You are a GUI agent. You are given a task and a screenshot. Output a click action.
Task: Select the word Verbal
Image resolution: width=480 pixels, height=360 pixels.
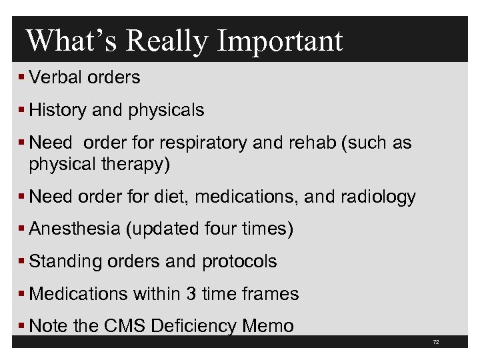(56, 77)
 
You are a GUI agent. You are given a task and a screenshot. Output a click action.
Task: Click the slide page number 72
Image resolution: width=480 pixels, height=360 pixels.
(436, 342)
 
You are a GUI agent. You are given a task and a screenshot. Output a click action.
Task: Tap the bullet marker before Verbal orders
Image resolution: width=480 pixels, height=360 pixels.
(22, 77)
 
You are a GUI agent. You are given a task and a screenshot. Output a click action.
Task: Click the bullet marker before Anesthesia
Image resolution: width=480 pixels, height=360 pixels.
(22, 229)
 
